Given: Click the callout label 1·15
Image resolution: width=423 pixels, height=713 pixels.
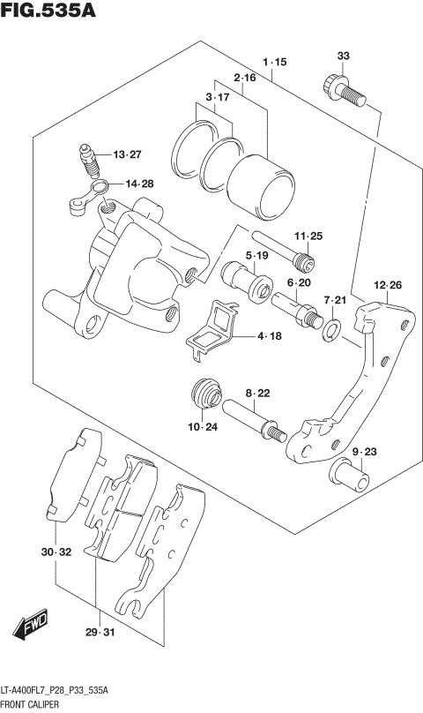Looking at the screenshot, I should click(x=274, y=63).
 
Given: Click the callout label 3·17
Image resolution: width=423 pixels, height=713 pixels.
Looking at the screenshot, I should click(x=216, y=96).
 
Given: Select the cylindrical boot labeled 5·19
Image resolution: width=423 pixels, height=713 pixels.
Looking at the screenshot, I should click(x=248, y=284).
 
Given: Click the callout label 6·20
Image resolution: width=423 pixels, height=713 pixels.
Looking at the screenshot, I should click(x=300, y=282).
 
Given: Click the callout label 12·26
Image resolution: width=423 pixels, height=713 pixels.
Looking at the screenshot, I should click(x=388, y=285).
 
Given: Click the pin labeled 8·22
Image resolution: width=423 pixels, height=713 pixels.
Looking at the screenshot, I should click(x=254, y=418).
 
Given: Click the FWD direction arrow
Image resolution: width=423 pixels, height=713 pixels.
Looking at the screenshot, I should click(x=32, y=627).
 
